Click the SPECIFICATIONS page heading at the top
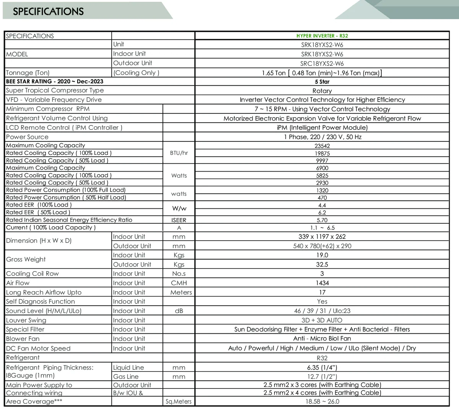(48, 11)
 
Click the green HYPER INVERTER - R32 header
(322, 36)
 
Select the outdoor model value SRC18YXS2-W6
(322, 64)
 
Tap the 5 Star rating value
(322, 82)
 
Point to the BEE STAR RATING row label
(55, 81)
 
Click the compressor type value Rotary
(322, 91)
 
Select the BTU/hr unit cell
(179, 153)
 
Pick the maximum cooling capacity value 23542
(322, 146)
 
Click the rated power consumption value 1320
(322, 190)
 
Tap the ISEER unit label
(179, 220)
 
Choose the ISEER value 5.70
(322, 220)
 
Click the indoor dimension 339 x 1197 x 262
(322, 237)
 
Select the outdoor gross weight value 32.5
(322, 264)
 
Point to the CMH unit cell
(179, 283)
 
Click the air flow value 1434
(322, 283)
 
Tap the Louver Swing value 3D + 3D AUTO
(322, 320)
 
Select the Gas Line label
(126, 377)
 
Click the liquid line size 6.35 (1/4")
(322, 367)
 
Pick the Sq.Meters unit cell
(179, 402)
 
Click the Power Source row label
(27, 137)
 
